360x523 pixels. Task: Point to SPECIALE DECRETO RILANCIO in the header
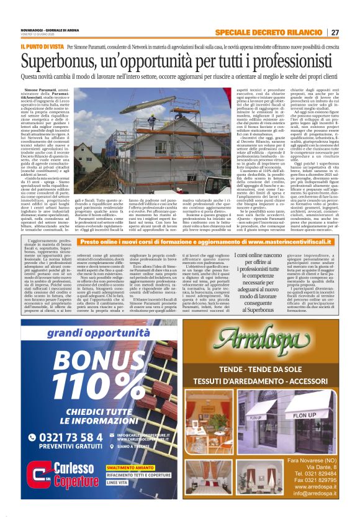click(x=286, y=32)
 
